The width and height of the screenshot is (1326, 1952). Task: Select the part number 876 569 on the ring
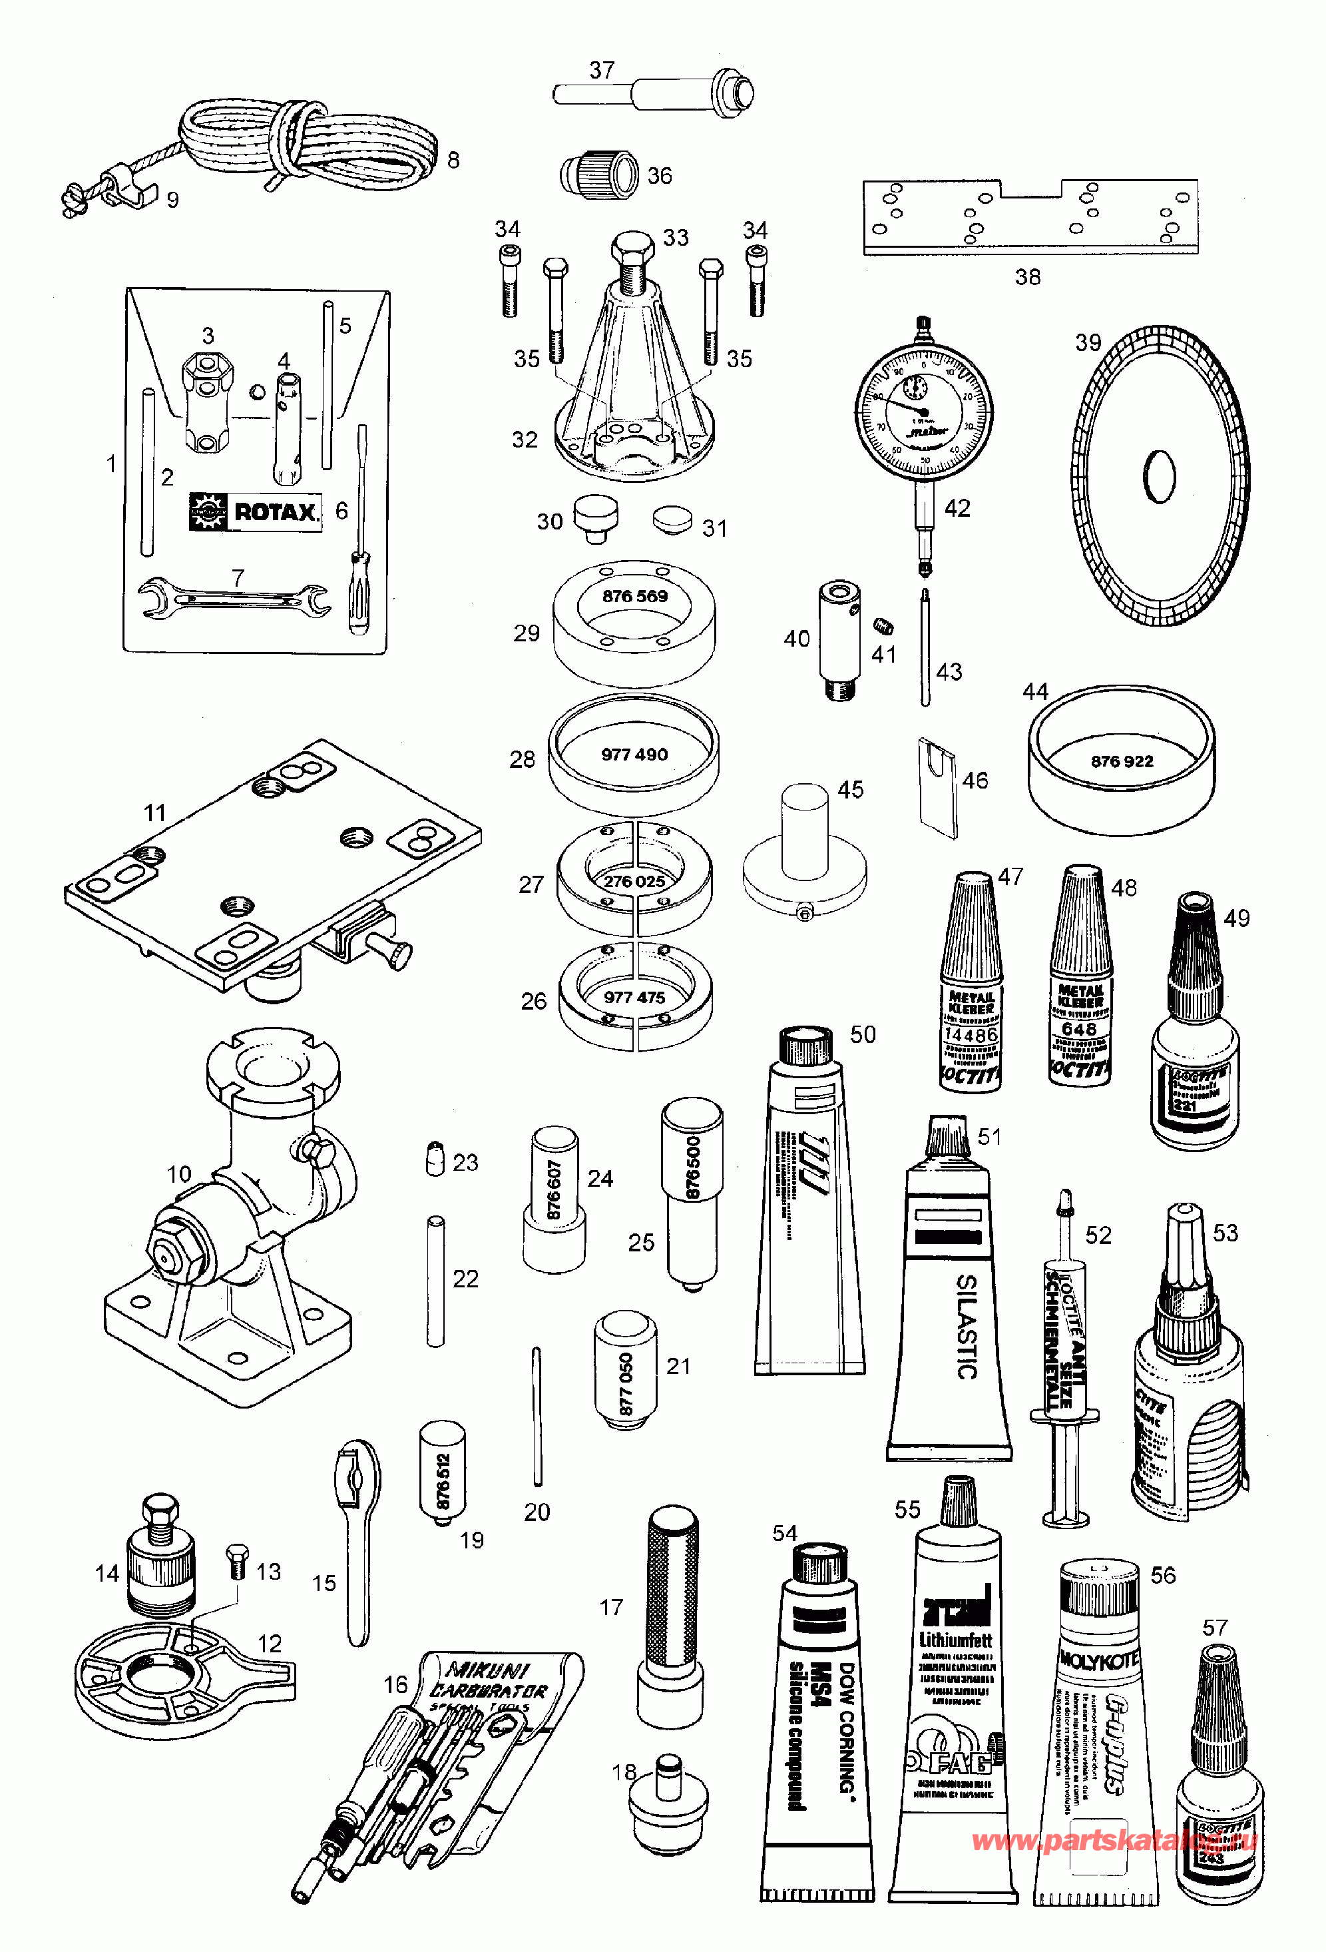[635, 596]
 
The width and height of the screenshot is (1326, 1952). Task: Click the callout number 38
[1027, 276]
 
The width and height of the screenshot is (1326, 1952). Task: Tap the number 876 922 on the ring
[1122, 761]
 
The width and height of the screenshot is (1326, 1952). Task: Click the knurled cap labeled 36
[598, 174]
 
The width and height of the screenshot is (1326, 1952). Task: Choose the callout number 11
[154, 813]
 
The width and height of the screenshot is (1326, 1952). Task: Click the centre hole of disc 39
[1160, 478]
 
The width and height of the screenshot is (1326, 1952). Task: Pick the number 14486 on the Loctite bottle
[971, 1035]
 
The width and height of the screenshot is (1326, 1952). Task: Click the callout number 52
[1098, 1235]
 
